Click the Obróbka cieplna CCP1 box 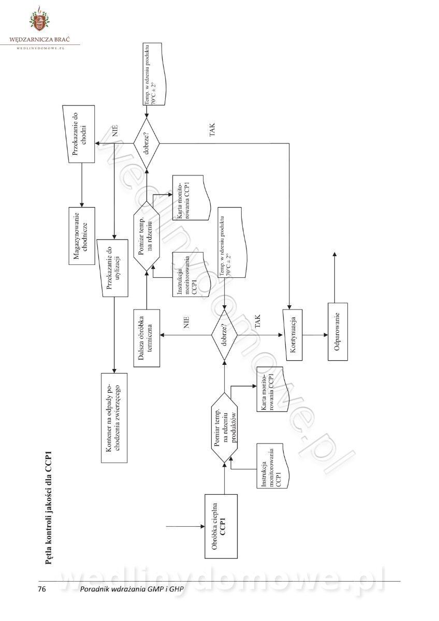221,526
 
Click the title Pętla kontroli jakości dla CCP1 48,509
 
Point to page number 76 42,589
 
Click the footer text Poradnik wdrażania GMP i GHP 132,589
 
